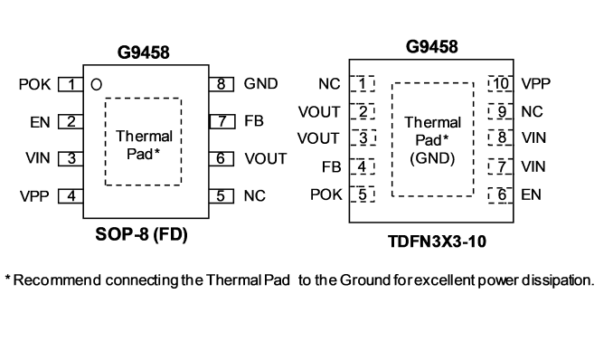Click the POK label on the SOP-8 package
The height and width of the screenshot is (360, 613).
pos(34,84)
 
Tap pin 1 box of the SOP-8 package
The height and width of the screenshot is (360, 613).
pos(71,84)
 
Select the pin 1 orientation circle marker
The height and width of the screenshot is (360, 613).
pos(96,84)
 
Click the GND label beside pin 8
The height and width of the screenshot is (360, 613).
pos(260,84)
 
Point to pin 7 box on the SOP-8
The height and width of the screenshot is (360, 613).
pos(222,121)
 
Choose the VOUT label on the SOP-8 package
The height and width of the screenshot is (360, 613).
pos(266,158)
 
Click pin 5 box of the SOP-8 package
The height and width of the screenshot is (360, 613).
pos(222,196)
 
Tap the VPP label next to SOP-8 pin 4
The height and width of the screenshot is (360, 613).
pos(34,196)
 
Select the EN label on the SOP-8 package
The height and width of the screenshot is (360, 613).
pos(40,122)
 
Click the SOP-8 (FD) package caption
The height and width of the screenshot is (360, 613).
pos(142,234)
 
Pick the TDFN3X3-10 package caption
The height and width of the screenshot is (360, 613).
pos(437,242)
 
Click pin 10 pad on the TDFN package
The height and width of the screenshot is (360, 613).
pos(500,84)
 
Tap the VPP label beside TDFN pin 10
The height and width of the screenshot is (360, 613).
pos(536,84)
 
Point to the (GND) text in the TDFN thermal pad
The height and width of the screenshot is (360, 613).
pos(432,158)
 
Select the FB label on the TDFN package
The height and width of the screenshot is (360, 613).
pos(331,167)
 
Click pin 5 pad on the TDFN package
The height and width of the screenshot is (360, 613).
pos(363,194)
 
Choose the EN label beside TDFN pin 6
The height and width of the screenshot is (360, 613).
pos(531,194)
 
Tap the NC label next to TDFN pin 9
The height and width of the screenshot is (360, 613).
pos(532,112)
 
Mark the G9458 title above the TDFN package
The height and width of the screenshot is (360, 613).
pos(431,46)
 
